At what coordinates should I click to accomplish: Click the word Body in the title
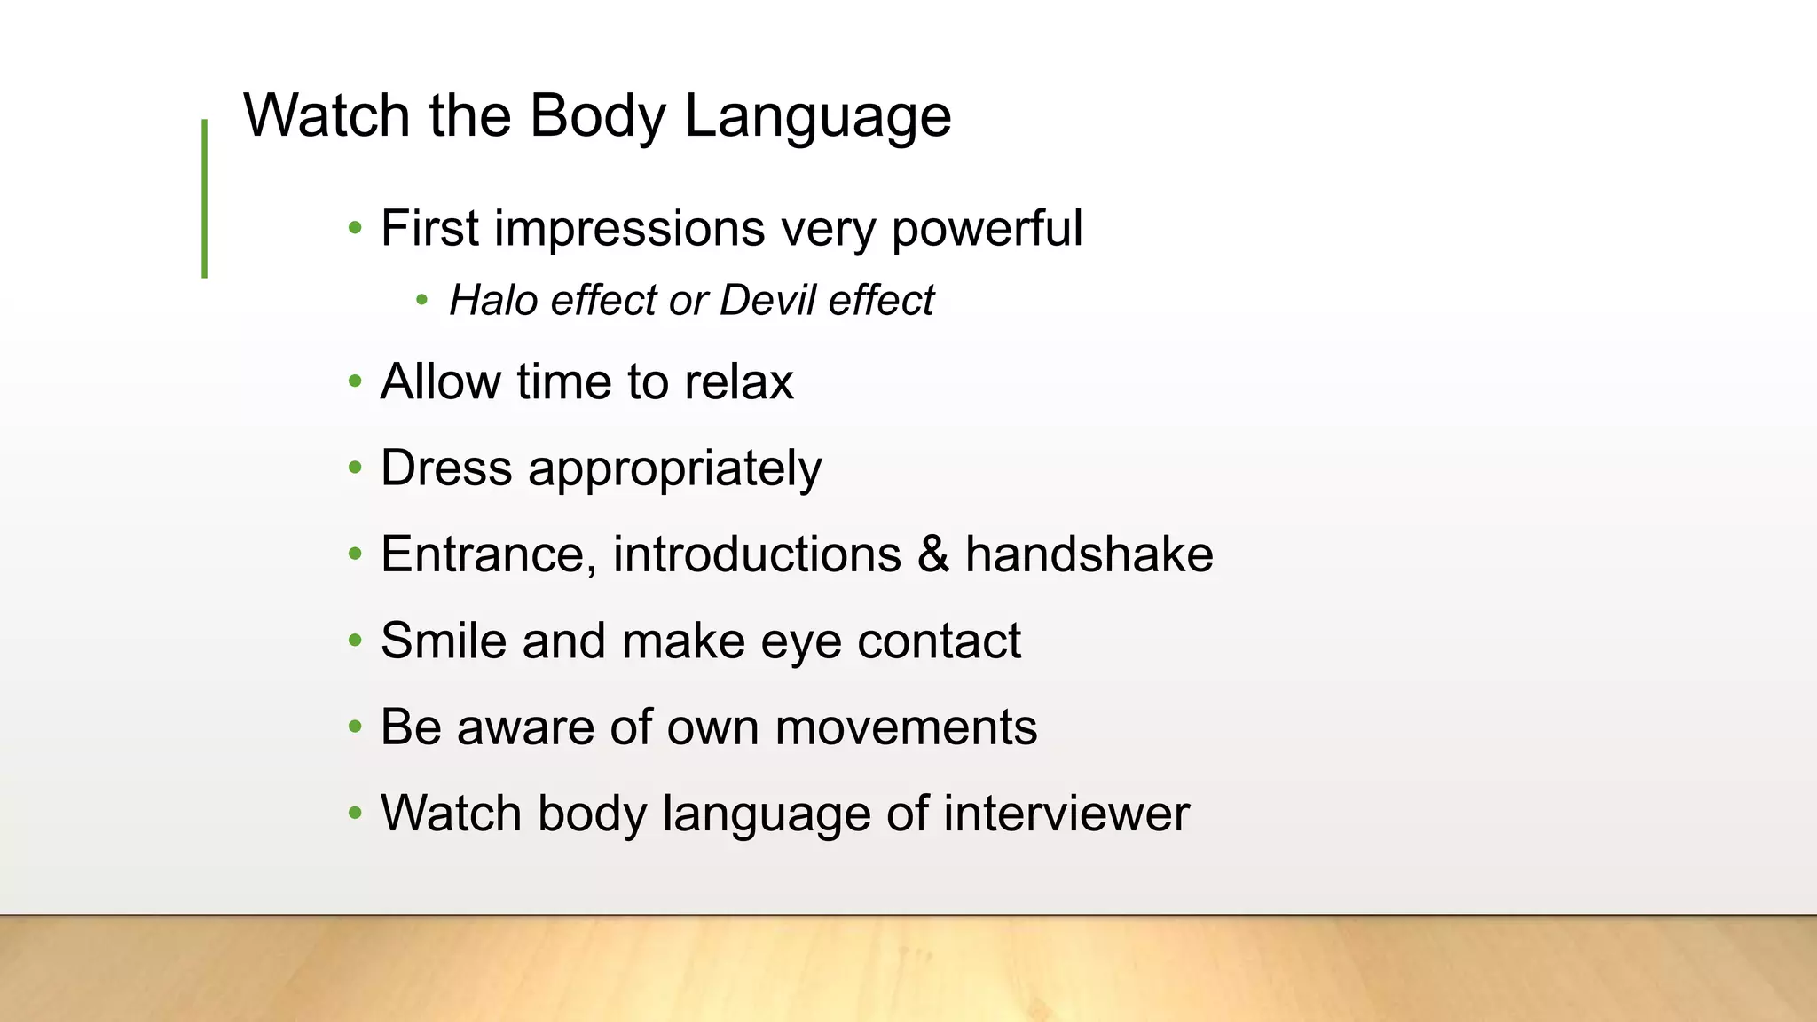597,116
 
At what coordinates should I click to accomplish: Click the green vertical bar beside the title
205,199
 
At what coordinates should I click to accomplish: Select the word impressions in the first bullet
629,229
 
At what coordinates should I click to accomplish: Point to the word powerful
987,229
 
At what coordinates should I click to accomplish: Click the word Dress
446,468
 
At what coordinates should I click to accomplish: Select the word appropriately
674,469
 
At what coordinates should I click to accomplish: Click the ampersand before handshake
932,554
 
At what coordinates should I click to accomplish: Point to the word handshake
1089,554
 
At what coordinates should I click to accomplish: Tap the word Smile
444,641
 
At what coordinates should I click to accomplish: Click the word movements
906,727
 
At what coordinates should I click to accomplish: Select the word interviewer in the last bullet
1066,814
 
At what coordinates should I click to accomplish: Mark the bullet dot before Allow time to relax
356,382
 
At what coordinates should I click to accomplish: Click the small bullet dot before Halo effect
422,301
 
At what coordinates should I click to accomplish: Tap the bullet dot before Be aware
356,727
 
